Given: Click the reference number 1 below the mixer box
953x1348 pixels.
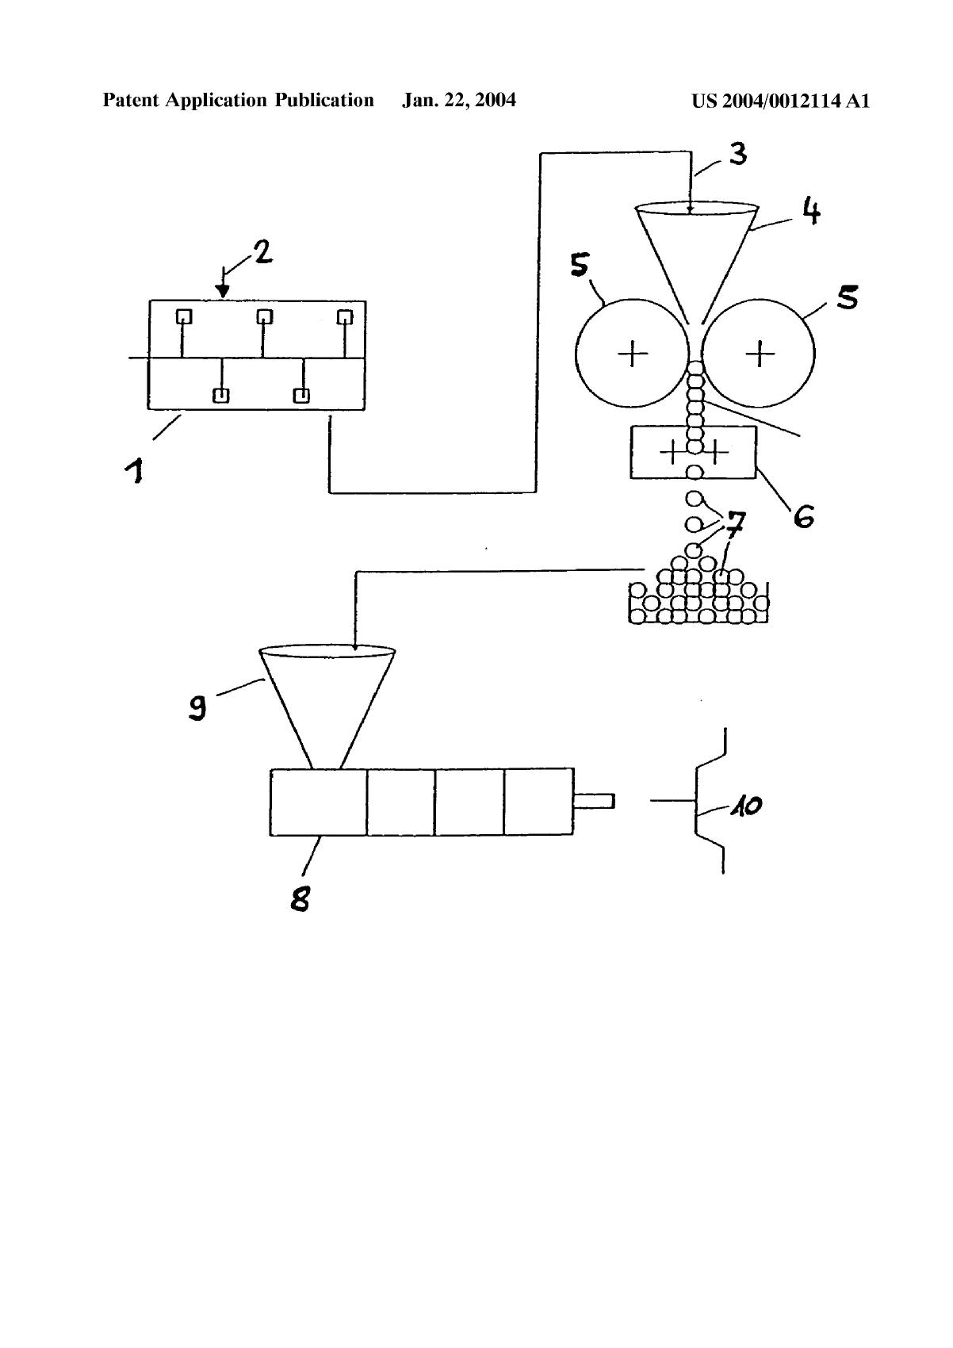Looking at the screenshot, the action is pos(134,470).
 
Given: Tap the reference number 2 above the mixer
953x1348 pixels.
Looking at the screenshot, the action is pos(263,251).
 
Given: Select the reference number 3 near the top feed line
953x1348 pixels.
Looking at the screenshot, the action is pos(738,154).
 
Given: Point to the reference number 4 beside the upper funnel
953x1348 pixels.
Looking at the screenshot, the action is pos(811,211).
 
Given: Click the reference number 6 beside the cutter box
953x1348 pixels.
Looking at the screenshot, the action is pos(804,515).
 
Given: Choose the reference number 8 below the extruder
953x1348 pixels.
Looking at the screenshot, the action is pos(300,899).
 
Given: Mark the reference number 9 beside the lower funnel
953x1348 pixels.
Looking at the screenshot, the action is pos(197,707).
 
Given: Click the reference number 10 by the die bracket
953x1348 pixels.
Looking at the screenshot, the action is pos(747,806).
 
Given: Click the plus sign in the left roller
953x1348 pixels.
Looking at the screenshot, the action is pos(633,353).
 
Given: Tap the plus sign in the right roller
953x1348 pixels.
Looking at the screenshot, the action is pos(760,353).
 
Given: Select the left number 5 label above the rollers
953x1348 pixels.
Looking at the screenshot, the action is pos(580,265).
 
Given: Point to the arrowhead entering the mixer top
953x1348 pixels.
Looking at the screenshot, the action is pos(224,292).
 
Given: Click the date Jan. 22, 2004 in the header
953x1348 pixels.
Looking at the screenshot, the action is pos(459,100).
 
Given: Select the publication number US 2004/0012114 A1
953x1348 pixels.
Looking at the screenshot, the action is pos(780,101).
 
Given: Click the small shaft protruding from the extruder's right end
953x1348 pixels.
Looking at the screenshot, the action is pos(594,801).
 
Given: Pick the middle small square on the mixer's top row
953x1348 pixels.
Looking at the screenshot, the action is pos(265,316).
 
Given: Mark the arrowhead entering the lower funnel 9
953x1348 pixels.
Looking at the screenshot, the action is pos(355,647).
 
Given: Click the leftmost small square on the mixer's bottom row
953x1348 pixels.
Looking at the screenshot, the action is pos(221,396).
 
